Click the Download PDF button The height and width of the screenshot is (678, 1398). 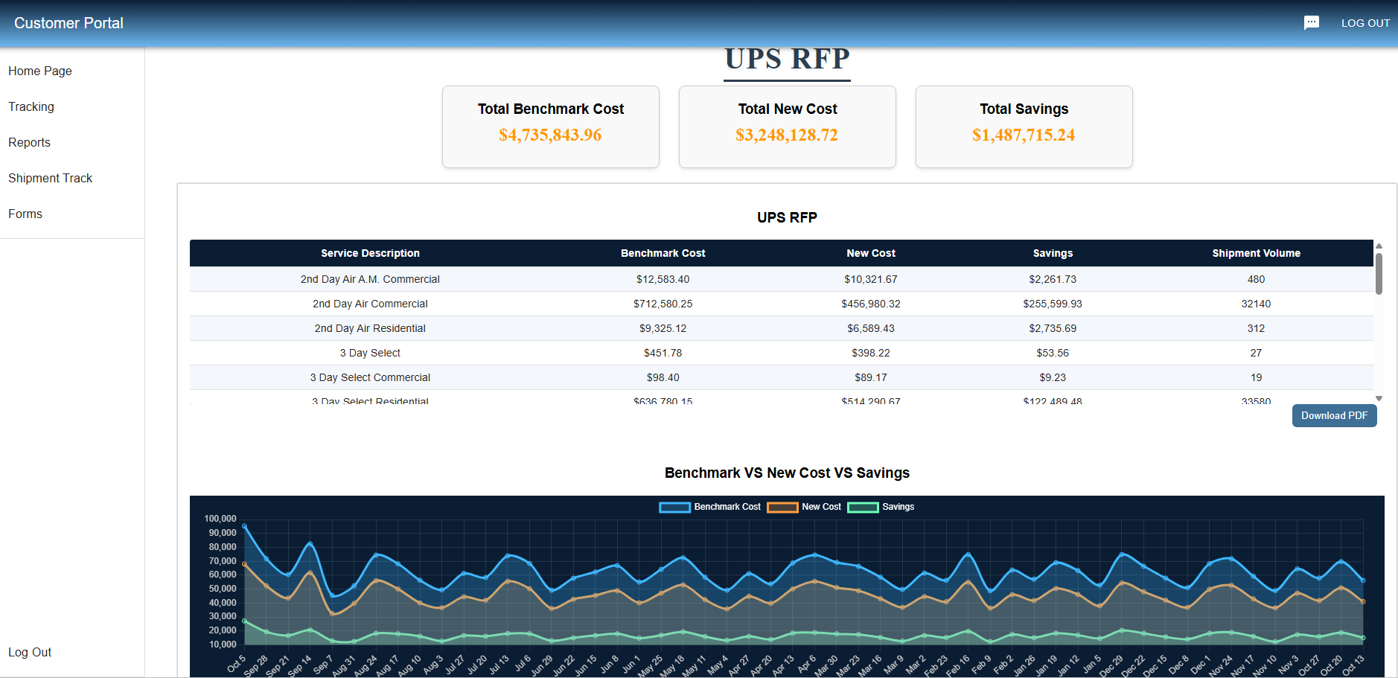click(1334, 416)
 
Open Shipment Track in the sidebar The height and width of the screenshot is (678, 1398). click(51, 178)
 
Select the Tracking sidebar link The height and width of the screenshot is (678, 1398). click(31, 106)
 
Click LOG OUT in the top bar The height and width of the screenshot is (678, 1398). click(1365, 23)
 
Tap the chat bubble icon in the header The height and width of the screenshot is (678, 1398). click(1312, 23)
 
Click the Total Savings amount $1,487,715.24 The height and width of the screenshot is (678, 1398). click(1024, 135)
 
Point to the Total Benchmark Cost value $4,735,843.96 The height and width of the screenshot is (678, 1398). click(550, 135)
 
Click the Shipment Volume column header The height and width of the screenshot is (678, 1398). click(1256, 253)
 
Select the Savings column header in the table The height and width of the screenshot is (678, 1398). click(1053, 253)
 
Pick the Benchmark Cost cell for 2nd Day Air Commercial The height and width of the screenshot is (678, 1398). click(663, 304)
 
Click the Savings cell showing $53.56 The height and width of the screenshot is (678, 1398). click(1053, 353)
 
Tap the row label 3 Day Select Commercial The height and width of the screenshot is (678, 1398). click(370, 377)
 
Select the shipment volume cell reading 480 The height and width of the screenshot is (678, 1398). click(1256, 279)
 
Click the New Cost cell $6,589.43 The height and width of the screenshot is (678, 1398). click(871, 328)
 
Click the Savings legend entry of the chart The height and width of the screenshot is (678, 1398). click(881, 507)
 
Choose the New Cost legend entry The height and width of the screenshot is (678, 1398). click(805, 507)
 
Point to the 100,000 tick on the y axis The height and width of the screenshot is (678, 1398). click(220, 519)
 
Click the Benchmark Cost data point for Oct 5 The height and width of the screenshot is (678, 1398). click(244, 526)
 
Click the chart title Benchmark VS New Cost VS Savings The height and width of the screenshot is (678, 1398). click(787, 473)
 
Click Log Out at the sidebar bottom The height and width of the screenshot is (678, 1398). click(30, 652)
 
